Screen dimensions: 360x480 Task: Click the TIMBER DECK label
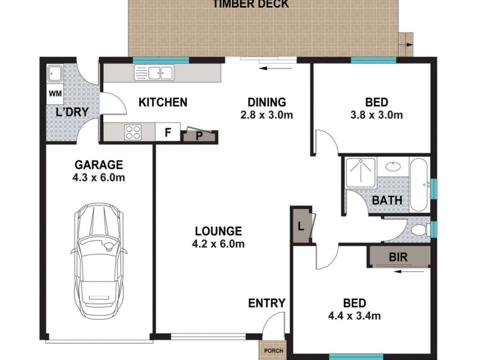[x=250, y=4]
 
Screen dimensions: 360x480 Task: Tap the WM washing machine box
[x=55, y=93]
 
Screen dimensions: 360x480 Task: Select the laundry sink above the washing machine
[x=56, y=75]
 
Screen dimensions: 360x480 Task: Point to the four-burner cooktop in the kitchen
[x=133, y=131]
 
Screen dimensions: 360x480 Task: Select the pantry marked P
[x=199, y=135]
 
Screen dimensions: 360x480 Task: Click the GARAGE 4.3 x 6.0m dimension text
[x=98, y=178]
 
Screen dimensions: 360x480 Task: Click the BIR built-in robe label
[x=399, y=257]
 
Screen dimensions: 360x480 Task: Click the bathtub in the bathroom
[x=419, y=184]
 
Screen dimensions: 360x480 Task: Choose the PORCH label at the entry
[x=274, y=350]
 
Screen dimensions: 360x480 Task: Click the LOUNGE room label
[x=218, y=230]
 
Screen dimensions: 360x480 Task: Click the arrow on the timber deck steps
[x=408, y=44]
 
